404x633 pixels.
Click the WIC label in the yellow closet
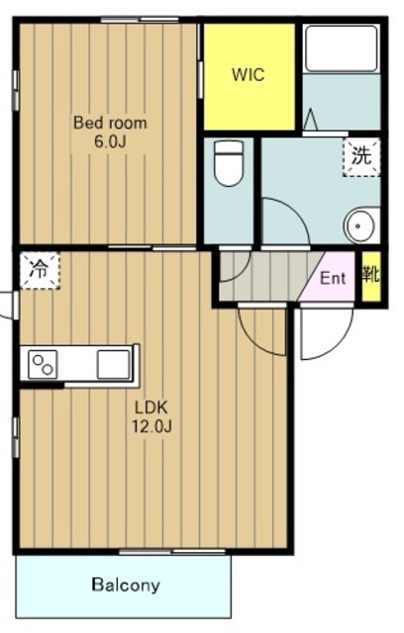coord(249,75)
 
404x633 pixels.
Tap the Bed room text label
coord(110,123)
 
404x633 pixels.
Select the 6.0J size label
coord(110,141)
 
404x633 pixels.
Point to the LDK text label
coord(151,407)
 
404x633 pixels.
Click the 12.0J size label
coord(151,426)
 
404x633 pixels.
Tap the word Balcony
coord(126,585)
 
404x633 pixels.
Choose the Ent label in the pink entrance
coord(333,278)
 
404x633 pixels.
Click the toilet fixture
coord(229,162)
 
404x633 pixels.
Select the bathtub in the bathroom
coord(342,48)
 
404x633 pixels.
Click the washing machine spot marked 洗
coord(361,156)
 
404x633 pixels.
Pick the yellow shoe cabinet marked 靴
coord(371,276)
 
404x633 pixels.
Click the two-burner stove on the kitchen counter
coord(43,365)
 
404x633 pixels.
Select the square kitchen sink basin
coord(114,365)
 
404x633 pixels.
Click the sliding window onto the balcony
coord(172,552)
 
